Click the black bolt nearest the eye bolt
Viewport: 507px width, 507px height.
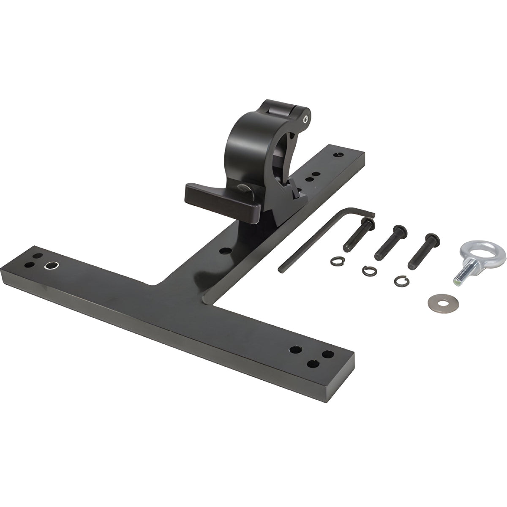coord(422,251)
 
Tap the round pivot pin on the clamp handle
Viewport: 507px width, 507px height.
coord(245,189)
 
